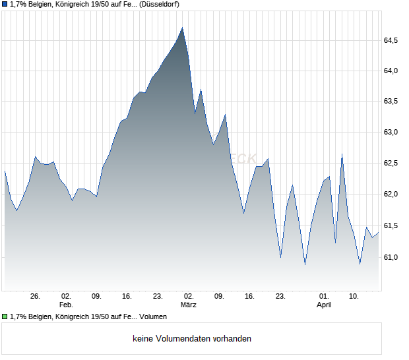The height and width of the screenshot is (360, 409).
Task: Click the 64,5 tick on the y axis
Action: [x=391, y=40]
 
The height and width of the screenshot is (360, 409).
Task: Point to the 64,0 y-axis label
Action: [x=391, y=71]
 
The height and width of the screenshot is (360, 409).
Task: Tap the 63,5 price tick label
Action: [x=391, y=101]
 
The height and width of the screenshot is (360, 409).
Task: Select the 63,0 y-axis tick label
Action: [x=391, y=132]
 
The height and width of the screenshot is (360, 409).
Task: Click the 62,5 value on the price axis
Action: [x=391, y=163]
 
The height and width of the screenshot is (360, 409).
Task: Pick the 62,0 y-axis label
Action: [x=391, y=194]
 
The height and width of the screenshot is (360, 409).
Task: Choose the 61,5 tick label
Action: [x=391, y=225]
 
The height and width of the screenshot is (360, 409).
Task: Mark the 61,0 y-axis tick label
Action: [x=391, y=256]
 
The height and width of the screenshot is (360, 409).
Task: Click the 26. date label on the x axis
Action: [x=35, y=296]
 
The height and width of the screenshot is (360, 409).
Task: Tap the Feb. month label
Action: [x=65, y=305]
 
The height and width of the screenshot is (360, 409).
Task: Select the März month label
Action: [x=189, y=305]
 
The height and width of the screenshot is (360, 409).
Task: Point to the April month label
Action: [x=324, y=305]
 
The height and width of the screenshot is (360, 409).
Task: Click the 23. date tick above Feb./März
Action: [x=158, y=296]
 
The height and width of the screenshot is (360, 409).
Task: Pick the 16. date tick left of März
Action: [x=127, y=296]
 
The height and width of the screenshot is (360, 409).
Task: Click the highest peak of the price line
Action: [x=182, y=28]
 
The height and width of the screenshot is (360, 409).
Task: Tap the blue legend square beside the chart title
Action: [x=5, y=5]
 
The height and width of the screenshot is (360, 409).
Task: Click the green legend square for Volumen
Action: [x=5, y=316]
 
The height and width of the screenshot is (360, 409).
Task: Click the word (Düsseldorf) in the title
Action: [x=159, y=5]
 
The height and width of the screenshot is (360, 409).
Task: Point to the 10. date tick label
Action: [x=354, y=296]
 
